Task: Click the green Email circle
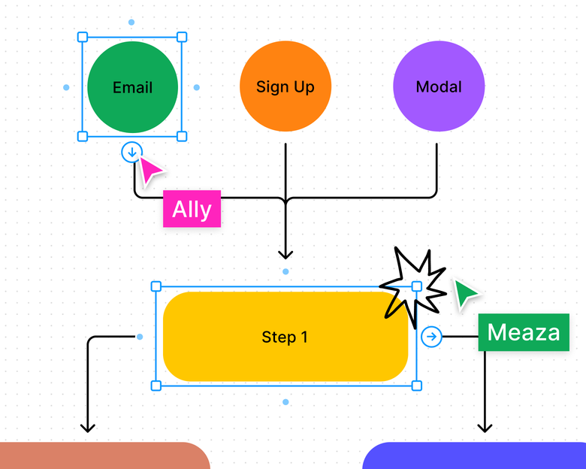click(133, 86)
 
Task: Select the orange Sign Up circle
click(285, 86)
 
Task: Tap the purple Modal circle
click(439, 86)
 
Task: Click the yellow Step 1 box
click(285, 337)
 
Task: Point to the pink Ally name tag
click(192, 209)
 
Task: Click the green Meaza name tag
click(523, 332)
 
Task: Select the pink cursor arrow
click(151, 171)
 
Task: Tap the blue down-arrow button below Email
click(131, 153)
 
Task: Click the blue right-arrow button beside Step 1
click(431, 337)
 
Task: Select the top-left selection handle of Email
click(83, 36)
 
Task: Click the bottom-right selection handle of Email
click(182, 136)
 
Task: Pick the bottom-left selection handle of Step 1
click(156, 386)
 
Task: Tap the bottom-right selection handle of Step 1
click(417, 386)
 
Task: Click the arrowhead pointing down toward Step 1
click(285, 254)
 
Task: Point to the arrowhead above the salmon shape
click(88, 428)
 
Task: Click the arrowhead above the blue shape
click(485, 428)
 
